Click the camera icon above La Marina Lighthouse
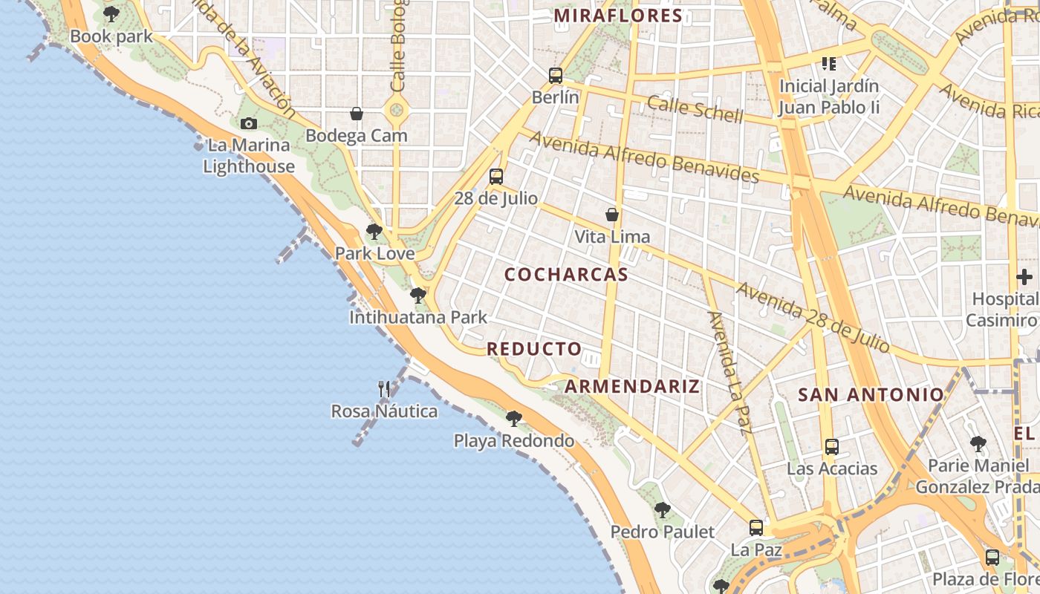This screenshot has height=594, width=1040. point(248,123)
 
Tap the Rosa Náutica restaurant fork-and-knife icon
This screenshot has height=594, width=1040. point(384,388)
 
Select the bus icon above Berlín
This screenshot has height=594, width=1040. point(555,75)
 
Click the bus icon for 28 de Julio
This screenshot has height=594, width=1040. point(495,177)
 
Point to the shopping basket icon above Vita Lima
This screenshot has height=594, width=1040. point(612,215)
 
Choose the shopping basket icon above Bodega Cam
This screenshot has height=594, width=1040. point(357,114)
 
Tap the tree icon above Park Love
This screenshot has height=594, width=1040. point(374,232)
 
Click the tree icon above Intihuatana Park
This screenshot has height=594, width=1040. point(418,296)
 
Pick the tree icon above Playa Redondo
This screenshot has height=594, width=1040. point(513,419)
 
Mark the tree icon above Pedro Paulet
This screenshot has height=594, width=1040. point(662,510)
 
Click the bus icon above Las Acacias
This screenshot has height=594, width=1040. point(832,447)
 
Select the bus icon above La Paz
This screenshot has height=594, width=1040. point(756,528)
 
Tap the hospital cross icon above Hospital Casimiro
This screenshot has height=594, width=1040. point(1024,278)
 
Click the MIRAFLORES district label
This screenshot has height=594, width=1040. point(618,16)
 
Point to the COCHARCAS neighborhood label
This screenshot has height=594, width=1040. point(566,275)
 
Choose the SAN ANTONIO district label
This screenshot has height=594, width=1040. point(871,395)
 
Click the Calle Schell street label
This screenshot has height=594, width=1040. point(695,109)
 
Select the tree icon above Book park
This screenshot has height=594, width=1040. point(111,14)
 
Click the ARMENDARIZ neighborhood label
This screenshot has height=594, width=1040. point(632,386)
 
